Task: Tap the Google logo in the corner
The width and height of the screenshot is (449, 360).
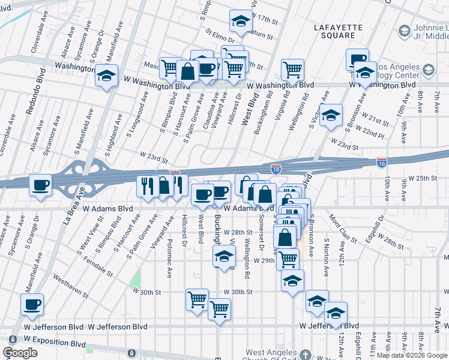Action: click(x=20, y=353)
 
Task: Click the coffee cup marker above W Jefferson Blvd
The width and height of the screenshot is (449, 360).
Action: click(x=32, y=304)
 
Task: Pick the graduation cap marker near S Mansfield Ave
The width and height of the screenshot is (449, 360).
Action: click(x=106, y=77)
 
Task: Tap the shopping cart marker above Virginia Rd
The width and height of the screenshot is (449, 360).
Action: click(x=292, y=70)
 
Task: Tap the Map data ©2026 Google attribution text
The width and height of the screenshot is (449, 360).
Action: click(x=412, y=355)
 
